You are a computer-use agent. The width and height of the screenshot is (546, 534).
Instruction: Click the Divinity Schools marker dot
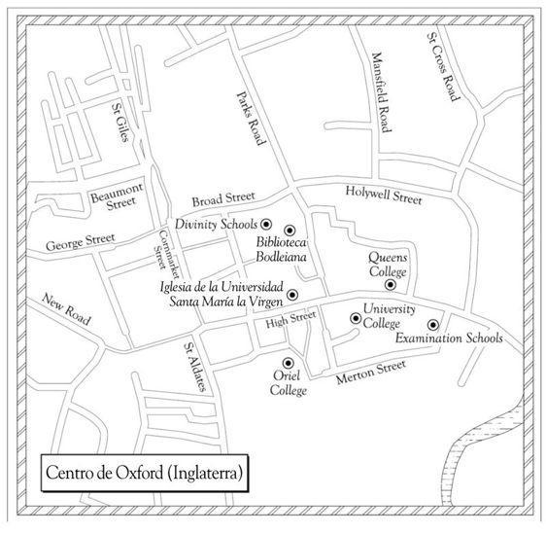coord(266,225)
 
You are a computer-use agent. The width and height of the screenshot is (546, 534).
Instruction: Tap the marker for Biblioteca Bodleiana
coord(290,231)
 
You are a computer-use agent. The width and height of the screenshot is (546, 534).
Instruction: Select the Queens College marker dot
coord(391,285)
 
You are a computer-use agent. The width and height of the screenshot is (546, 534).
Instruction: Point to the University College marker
coord(356,318)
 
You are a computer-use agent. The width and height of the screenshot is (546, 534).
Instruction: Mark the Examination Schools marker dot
coord(433,325)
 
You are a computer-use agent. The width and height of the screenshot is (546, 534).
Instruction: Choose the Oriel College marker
coord(288,363)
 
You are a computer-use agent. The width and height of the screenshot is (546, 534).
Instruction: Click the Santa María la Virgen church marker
coord(292,295)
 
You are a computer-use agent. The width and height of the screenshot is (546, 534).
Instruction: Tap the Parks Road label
coord(251,118)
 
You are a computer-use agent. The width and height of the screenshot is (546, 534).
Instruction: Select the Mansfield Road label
coord(382,92)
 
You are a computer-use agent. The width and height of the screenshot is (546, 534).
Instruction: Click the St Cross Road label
coord(444,66)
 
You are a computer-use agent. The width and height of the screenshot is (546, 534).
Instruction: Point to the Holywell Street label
coord(384,196)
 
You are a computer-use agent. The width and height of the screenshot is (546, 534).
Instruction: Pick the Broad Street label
coord(223,198)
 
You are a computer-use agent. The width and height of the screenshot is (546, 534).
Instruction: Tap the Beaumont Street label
coord(118,196)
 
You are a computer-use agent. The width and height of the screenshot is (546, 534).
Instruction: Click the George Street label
coord(80,242)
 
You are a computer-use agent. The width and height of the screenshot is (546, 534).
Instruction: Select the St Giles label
coord(120,122)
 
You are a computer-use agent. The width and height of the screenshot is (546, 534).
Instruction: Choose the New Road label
coord(66,309)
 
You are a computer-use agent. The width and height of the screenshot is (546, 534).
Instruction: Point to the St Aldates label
coord(195,367)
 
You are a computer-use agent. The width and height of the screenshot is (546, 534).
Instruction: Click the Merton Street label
coord(371,372)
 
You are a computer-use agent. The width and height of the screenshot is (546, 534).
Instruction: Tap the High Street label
coord(290,320)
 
